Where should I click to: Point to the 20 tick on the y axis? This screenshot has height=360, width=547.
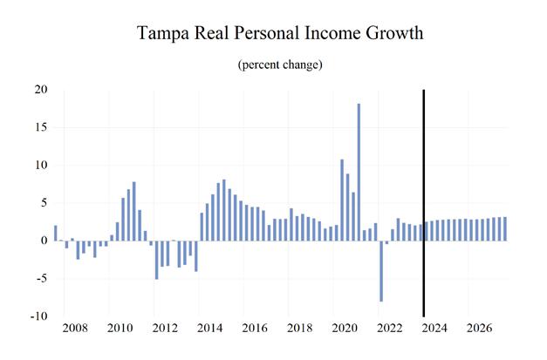coord(41,90)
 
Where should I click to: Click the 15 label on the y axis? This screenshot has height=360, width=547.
coord(41,127)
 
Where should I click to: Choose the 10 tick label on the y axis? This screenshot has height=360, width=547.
coord(41,166)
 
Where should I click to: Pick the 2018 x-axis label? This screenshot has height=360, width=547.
coord(299,329)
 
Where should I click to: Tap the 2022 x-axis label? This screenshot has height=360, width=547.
coord(390,329)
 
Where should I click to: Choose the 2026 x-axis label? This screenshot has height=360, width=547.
coord(481,329)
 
